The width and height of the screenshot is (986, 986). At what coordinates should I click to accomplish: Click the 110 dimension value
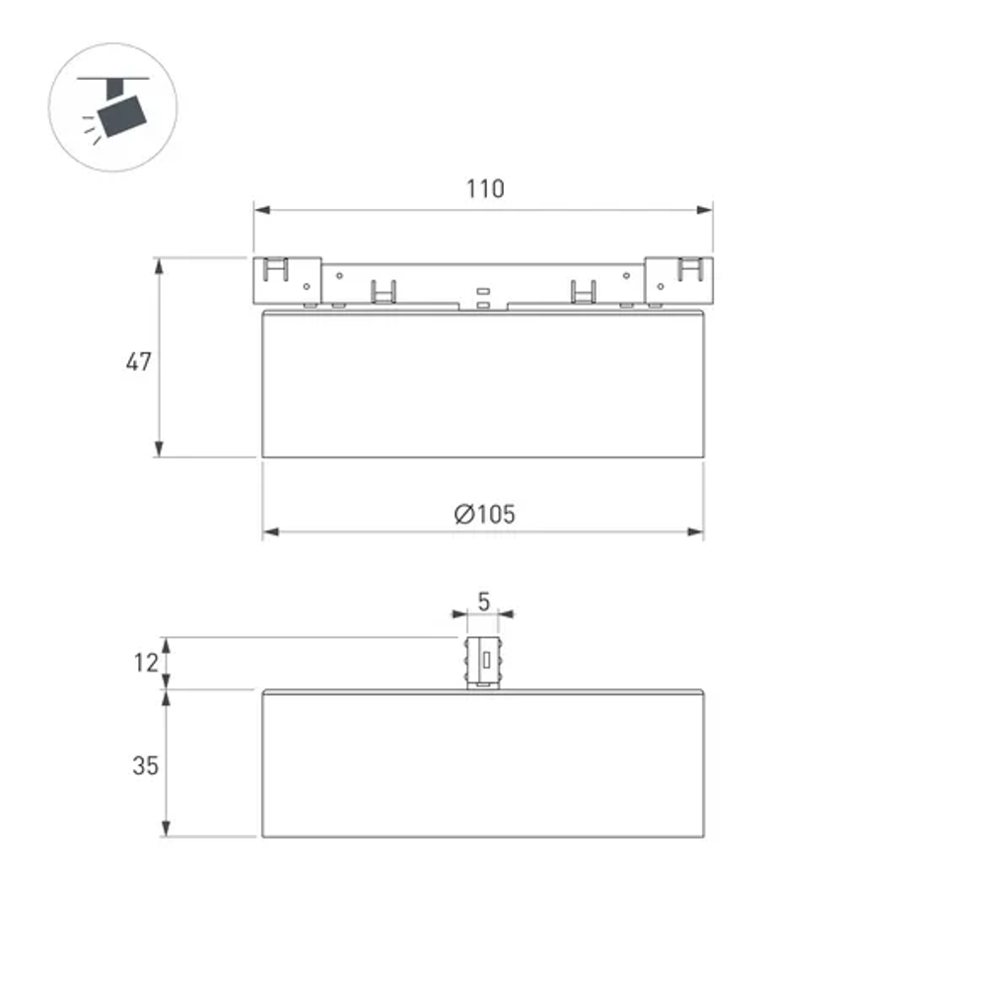(x=485, y=188)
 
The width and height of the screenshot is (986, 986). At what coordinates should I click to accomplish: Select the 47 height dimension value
(x=138, y=362)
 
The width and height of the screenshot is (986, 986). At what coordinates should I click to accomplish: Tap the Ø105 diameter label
(x=484, y=515)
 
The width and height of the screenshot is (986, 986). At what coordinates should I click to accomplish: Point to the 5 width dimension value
(x=483, y=601)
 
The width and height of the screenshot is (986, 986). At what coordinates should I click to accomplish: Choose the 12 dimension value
(x=146, y=663)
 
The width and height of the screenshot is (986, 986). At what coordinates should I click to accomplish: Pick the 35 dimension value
(x=145, y=765)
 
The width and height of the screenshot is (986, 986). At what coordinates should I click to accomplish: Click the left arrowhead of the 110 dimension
(x=261, y=209)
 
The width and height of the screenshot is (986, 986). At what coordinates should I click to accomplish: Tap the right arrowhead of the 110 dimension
(x=705, y=209)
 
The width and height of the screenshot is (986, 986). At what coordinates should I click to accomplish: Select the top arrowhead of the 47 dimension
(x=159, y=265)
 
